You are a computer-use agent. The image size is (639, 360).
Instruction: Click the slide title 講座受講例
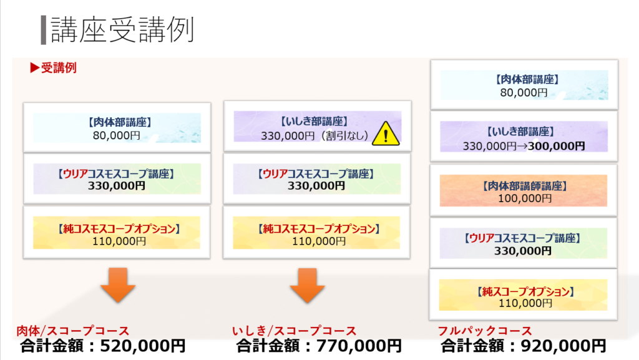click(122, 30)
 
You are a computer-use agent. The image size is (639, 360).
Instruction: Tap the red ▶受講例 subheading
click(54, 67)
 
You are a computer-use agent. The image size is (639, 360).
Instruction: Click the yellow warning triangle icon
click(386, 134)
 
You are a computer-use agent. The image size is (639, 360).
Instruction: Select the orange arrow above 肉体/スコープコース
click(118, 285)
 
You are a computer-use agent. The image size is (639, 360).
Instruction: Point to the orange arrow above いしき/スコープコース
click(307, 285)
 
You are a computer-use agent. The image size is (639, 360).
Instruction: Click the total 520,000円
click(143, 346)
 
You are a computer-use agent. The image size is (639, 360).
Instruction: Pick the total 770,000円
click(359, 346)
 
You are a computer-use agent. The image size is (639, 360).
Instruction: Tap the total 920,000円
click(563, 346)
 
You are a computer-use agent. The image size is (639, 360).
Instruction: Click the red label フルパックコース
click(485, 331)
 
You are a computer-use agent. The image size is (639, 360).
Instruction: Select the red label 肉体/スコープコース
click(73, 331)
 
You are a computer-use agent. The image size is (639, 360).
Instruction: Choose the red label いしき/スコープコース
click(295, 331)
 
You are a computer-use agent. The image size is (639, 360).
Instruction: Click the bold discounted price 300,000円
click(556, 146)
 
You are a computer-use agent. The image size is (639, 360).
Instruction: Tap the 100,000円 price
click(525, 198)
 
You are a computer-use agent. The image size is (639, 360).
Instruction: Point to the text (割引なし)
click(344, 135)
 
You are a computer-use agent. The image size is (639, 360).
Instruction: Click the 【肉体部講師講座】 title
click(525, 186)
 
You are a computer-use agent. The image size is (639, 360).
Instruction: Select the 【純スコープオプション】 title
click(525, 291)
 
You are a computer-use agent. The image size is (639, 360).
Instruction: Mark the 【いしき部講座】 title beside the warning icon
click(315, 122)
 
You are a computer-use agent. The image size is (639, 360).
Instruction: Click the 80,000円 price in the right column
click(524, 92)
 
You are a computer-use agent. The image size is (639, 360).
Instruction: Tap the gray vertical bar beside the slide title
click(44, 30)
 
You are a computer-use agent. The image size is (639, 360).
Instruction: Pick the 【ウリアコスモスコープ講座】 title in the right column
click(522, 238)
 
